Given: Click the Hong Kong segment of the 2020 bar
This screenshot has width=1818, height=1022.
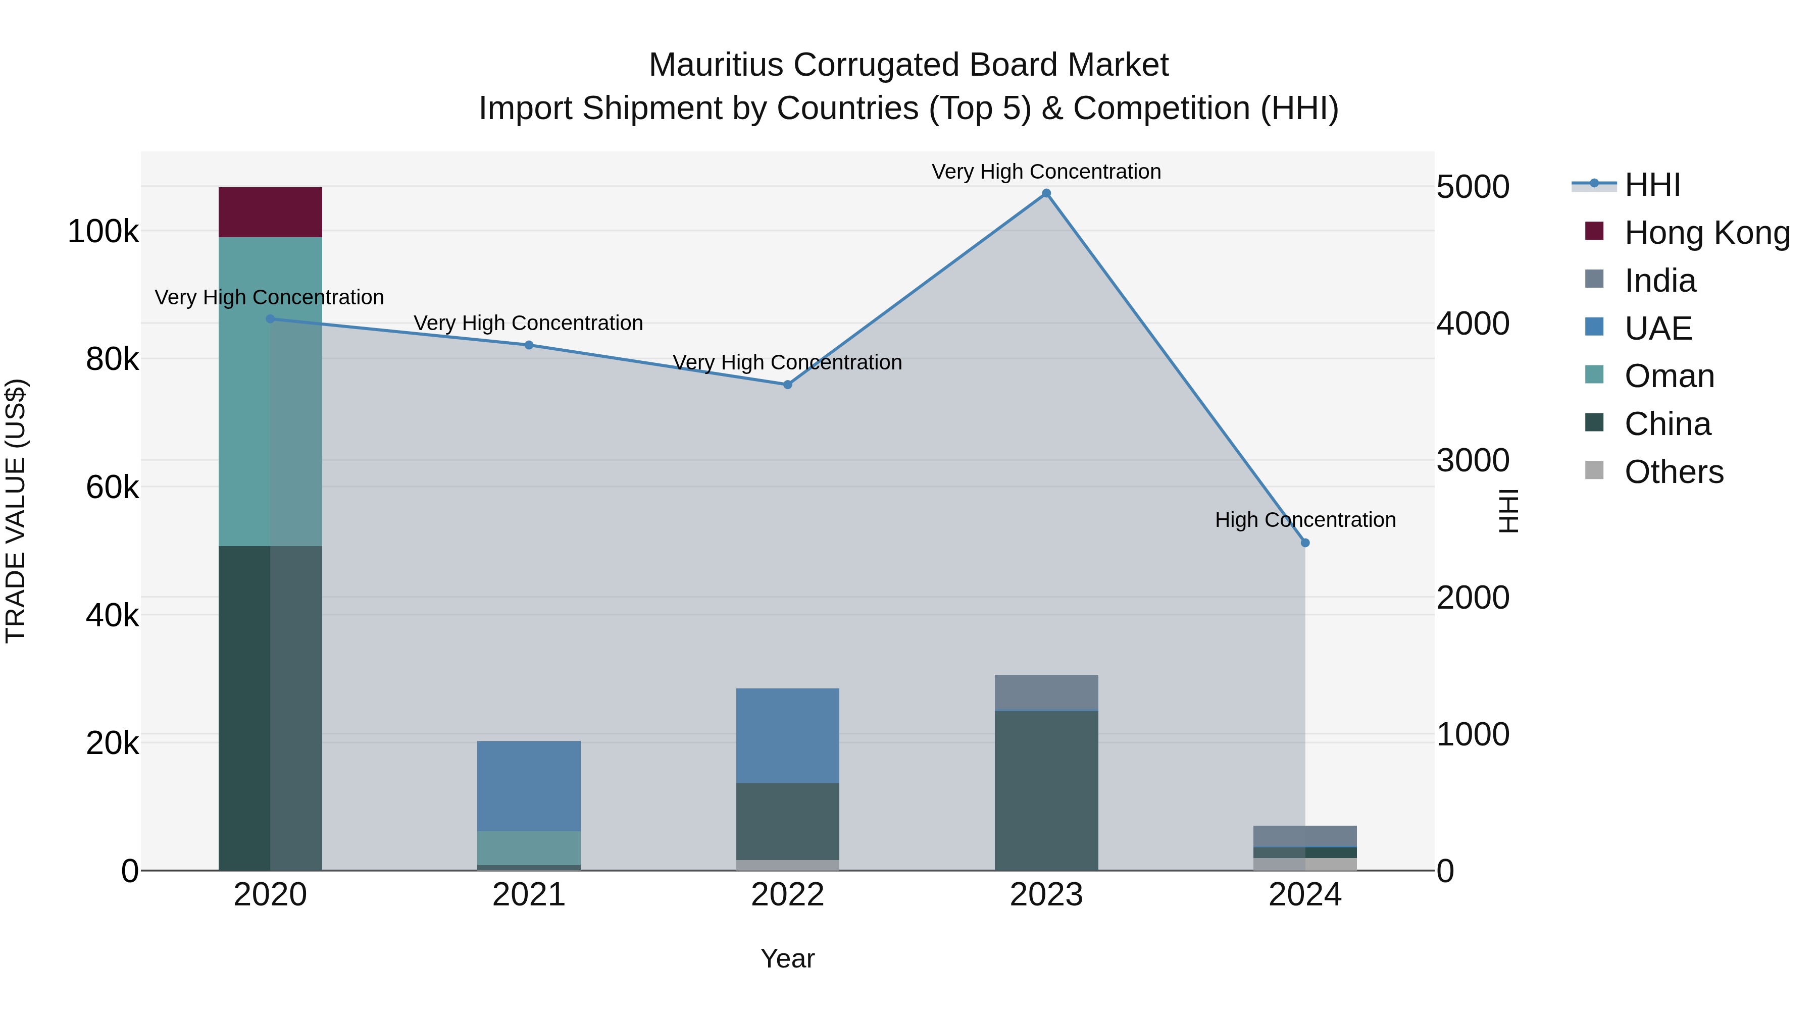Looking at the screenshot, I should (x=270, y=212).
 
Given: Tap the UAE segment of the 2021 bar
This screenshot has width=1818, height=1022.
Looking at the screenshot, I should (x=529, y=786).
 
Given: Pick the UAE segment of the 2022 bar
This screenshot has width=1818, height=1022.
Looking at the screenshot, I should (x=788, y=736).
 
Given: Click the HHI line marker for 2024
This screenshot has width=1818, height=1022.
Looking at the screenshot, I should (x=1305, y=543).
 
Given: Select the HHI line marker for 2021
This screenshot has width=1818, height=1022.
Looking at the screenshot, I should (x=529, y=345).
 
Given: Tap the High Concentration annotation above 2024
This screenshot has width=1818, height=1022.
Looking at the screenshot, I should (x=1305, y=520).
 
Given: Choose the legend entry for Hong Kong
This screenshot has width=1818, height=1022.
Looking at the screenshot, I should (x=1706, y=233).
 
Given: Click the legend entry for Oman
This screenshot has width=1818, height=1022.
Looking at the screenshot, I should (x=1669, y=376).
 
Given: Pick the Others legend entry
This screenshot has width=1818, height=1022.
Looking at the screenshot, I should (x=1674, y=472).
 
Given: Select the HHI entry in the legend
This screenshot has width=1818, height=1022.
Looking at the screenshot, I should (x=1651, y=185).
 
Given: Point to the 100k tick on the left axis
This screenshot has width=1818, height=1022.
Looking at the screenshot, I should (x=103, y=231).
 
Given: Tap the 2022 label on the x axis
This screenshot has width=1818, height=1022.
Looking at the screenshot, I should (x=788, y=895).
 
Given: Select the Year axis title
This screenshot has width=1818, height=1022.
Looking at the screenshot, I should (x=788, y=958).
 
